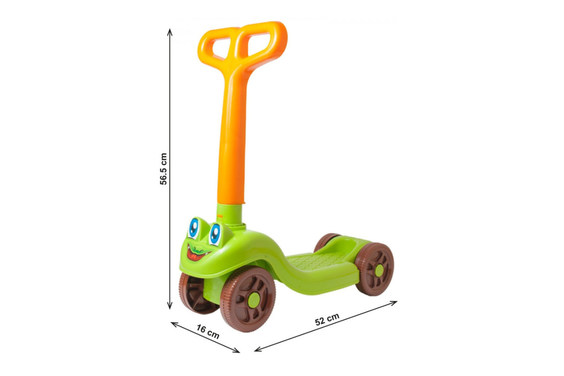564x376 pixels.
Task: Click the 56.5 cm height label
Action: (164, 169)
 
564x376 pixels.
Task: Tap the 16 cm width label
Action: (208, 332)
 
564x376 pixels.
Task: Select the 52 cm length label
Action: (327, 319)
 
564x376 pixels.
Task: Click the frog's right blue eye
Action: (215, 235)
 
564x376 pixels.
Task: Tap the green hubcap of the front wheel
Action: (253, 300)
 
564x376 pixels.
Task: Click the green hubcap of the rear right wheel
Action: (379, 271)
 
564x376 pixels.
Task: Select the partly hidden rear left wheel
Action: (326, 241)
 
